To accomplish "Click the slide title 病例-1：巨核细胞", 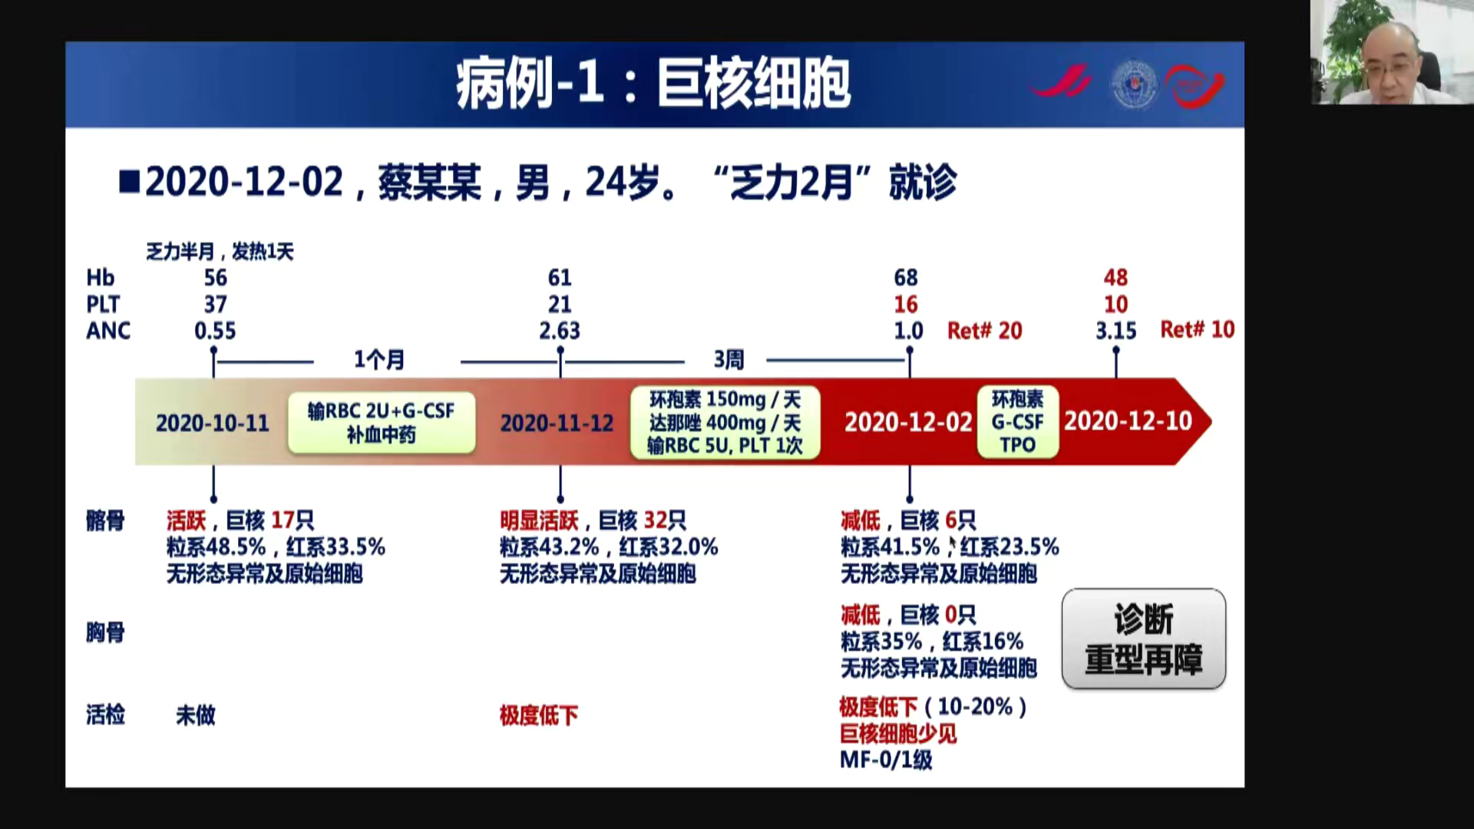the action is tap(653, 84).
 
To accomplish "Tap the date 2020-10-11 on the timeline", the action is tap(213, 423).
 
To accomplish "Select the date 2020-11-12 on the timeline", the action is tap(557, 423).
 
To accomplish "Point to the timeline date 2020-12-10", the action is tap(1128, 421).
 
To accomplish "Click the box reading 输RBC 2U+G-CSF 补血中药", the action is tap(382, 423).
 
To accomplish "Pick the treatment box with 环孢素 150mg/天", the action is tap(725, 423).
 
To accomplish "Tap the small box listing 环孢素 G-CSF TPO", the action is tap(1017, 422).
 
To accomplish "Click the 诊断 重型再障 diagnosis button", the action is tap(1143, 639).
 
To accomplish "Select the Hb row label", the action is tap(100, 277).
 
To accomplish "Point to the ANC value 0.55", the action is tap(215, 331).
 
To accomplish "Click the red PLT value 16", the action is tap(906, 305).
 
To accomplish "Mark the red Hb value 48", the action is tap(1115, 277).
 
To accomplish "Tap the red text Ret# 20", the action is tap(985, 331).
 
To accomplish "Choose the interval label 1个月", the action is tap(378, 360).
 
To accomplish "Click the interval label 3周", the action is tap(729, 359).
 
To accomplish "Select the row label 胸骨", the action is tap(105, 633).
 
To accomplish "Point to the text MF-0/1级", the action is tap(886, 760).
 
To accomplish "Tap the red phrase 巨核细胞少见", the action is tap(898, 734).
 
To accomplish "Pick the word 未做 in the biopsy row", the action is tap(196, 715).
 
